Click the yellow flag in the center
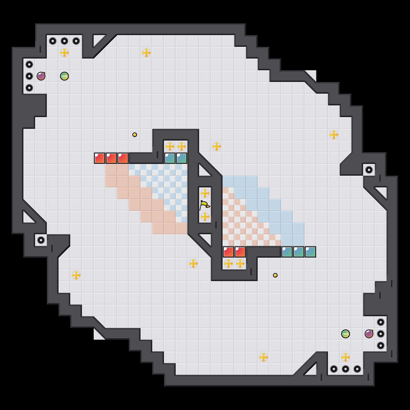pos(204,205)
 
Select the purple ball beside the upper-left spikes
pos(41,76)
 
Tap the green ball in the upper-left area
pos(64,76)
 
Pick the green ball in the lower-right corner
pos(346,334)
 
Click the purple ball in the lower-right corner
pos(369,334)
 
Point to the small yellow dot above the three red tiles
pos(135,135)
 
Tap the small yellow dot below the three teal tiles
pos(275,275)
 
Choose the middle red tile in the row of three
pos(111,158)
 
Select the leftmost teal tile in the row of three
pos(287,252)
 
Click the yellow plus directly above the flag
pos(205,193)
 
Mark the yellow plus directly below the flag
pos(205,217)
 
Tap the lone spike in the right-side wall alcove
pos(369,170)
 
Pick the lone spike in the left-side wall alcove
pos(41,240)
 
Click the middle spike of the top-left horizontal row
pos(64,41)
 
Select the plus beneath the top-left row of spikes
pos(64,53)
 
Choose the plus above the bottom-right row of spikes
pos(346,357)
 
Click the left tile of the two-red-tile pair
pos(228,252)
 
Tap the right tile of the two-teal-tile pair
pos(182,158)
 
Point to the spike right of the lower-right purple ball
pos(381,334)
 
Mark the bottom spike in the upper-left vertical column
pos(29,88)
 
